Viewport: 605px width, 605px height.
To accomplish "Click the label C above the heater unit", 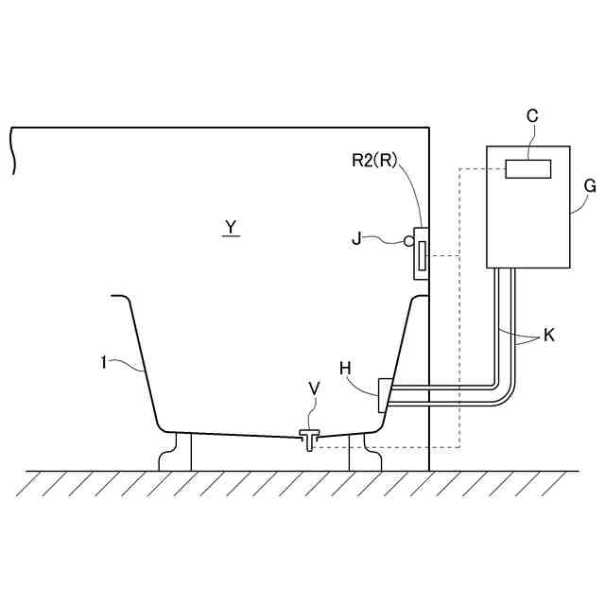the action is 532,115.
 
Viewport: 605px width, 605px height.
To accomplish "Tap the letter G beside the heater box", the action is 590,186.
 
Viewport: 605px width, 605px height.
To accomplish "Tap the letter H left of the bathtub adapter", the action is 346,367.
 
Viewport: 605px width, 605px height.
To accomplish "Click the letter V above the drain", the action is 314,389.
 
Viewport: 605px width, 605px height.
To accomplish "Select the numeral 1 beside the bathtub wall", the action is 103,360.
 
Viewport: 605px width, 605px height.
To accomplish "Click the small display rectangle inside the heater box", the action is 527,169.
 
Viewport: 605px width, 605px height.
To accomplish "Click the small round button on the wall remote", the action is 409,241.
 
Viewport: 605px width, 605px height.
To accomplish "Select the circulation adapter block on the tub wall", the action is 385,394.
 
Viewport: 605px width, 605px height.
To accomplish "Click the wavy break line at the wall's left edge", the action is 13,151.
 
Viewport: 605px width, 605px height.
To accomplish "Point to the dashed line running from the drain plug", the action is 397,447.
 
